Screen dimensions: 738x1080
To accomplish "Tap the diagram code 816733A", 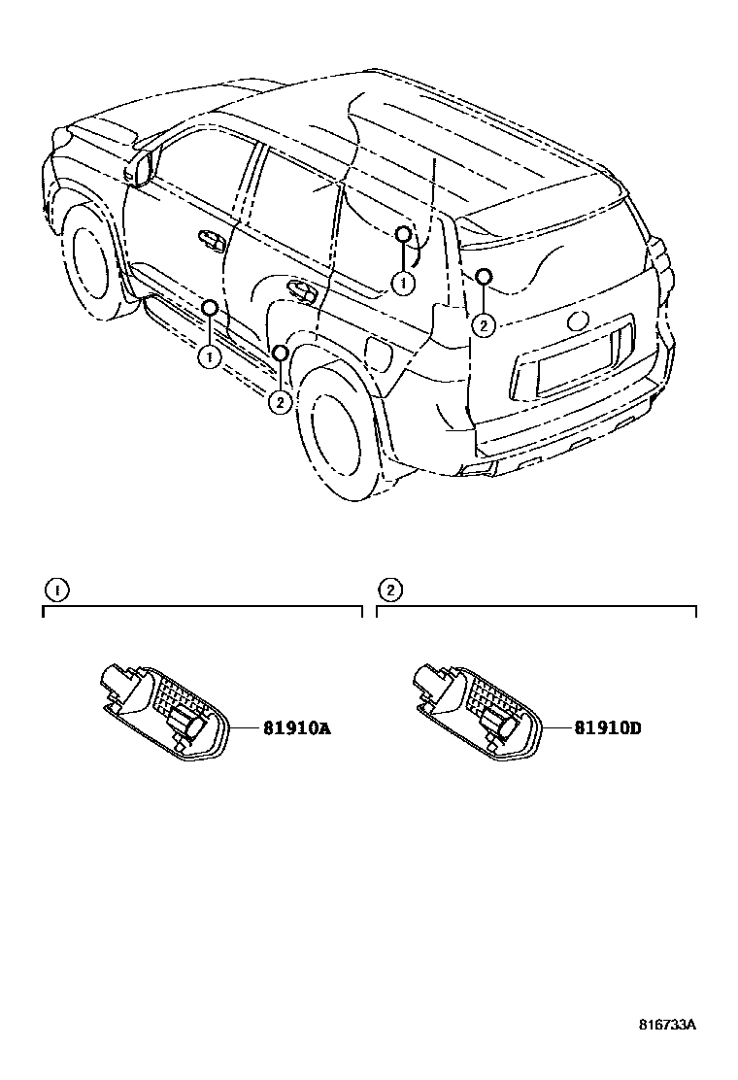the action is click(668, 1025).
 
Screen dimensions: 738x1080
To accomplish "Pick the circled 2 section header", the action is click(388, 590).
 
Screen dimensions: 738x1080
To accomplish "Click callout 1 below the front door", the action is click(209, 356).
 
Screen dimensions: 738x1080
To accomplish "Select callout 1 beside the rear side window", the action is click(402, 283).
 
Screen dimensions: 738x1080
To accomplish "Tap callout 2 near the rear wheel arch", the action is click(280, 400).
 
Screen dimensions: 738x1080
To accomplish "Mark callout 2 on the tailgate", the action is click(484, 324).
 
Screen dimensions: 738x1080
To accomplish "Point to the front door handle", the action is click(210, 238).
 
